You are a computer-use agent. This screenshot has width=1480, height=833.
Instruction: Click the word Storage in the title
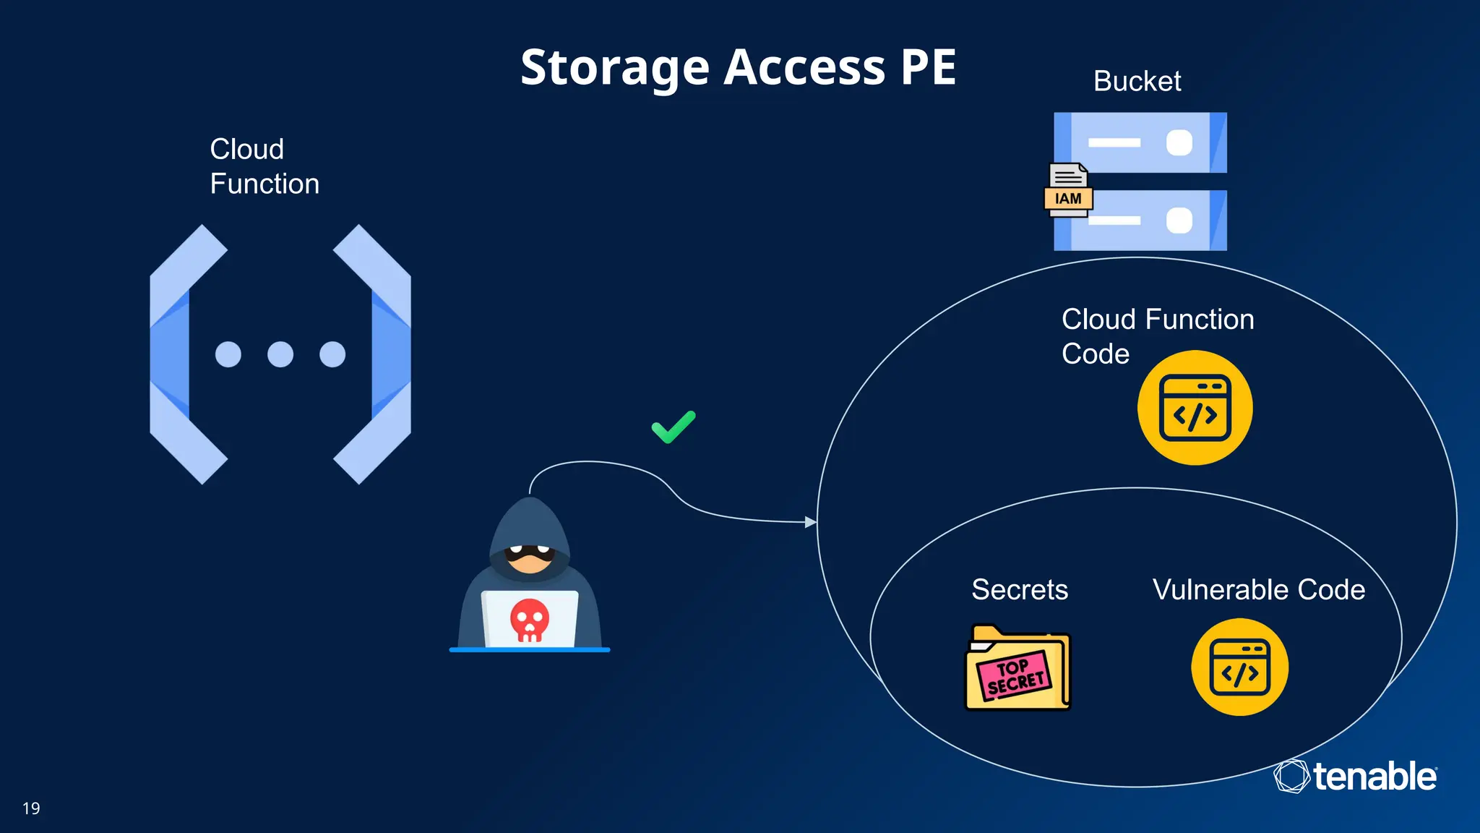pos(615,67)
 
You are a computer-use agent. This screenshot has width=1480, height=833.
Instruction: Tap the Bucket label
pos(1137,81)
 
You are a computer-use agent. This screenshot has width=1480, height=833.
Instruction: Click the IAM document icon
pos(1068,190)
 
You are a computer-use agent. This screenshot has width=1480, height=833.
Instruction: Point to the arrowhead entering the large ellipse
pos(811,521)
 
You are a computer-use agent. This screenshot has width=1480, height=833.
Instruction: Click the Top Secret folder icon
pos(1017,668)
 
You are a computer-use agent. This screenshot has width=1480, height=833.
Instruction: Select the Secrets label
pos(1019,589)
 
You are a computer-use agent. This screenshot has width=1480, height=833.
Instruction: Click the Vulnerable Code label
pos(1258,589)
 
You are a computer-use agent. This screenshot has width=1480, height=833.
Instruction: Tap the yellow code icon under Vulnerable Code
pos(1239,667)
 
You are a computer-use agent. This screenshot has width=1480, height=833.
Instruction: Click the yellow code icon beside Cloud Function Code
pos(1195,408)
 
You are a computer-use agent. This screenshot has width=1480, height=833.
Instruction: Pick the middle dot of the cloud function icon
pos(280,354)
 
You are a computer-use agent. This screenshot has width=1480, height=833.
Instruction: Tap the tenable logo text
pos(1374,777)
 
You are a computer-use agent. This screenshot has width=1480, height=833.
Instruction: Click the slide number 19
pos(31,808)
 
